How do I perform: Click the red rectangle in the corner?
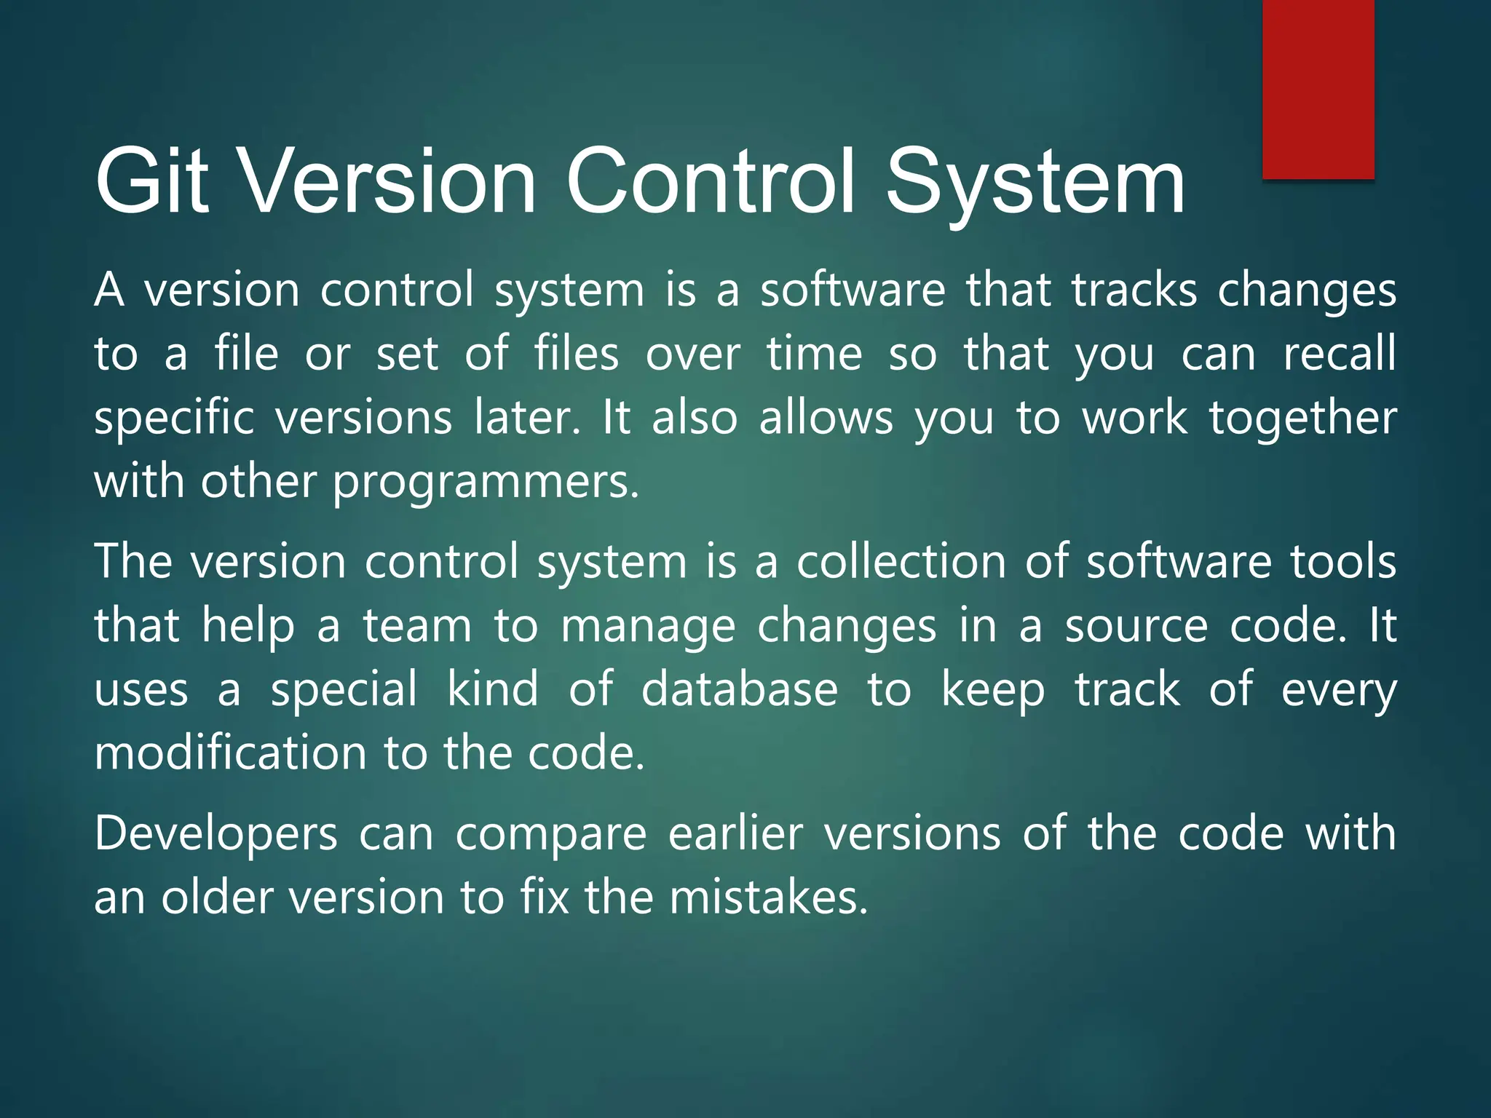click(x=1318, y=89)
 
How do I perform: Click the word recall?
click(x=1339, y=354)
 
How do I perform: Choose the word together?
click(x=1302, y=418)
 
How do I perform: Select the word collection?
click(x=901, y=562)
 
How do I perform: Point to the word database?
click(x=740, y=689)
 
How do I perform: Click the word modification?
click(x=230, y=753)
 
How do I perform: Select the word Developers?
click(x=215, y=834)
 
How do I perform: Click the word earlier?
click(x=735, y=834)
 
